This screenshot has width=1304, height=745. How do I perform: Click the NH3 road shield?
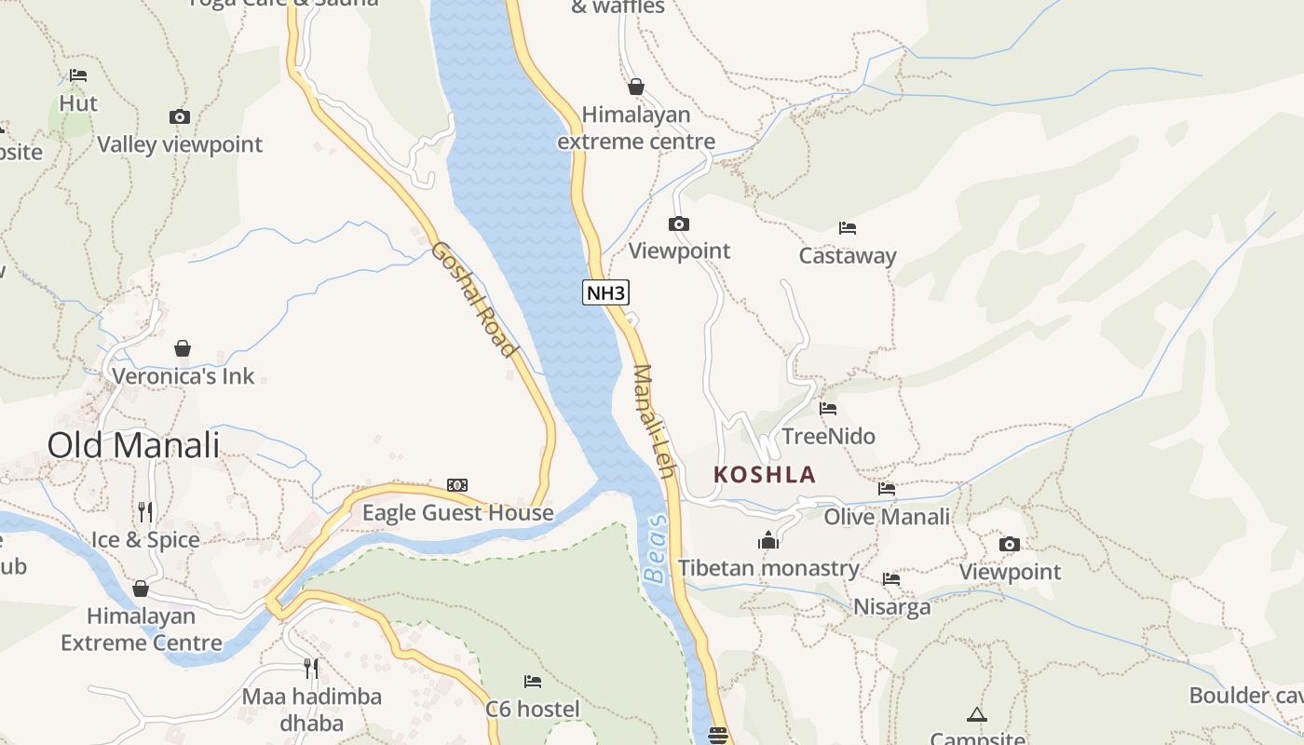[x=606, y=292]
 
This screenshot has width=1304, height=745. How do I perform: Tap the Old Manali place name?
[x=133, y=445]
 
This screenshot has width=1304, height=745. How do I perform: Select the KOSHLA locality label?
[x=764, y=474]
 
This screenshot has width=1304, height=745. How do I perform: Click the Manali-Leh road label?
[x=653, y=421]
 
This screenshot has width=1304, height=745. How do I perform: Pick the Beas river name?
[x=656, y=549]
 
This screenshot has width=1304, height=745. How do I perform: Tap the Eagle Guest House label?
[x=457, y=513]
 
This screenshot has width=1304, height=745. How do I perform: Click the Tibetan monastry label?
[x=768, y=568]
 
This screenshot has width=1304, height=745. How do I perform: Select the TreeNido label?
[x=828, y=436]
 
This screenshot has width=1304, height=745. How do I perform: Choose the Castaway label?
[x=848, y=256]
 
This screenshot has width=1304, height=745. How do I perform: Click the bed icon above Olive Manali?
[x=887, y=488]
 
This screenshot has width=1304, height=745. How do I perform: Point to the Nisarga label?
[x=891, y=607]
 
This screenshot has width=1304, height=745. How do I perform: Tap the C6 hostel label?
[x=532, y=709]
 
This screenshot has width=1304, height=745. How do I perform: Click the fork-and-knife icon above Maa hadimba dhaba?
[x=311, y=668]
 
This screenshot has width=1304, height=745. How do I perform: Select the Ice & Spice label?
[x=145, y=540]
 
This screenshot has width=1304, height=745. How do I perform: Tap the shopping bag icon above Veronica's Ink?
[x=183, y=348]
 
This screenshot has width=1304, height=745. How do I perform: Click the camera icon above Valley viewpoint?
[x=180, y=116]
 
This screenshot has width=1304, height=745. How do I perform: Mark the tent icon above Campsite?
[x=976, y=714]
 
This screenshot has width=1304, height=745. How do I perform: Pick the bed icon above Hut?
[x=78, y=75]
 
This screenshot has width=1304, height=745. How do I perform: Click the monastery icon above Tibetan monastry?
[x=768, y=540]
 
